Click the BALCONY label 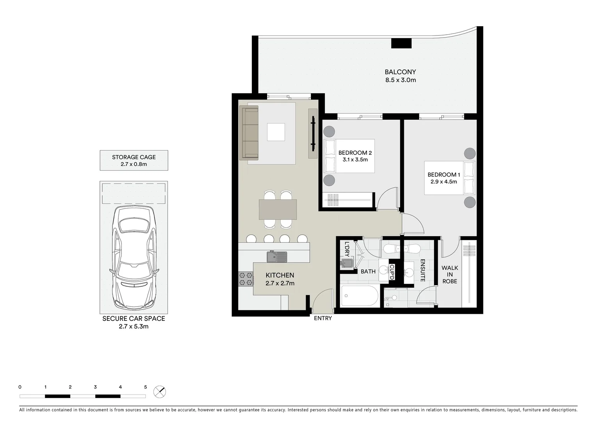(400, 72)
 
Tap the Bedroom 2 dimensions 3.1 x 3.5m (355, 159)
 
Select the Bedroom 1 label (444, 175)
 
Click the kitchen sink (277, 256)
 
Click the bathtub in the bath (360, 296)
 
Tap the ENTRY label (323, 318)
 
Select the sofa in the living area (249, 133)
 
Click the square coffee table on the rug (276, 132)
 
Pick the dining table (278, 209)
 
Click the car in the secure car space (134, 257)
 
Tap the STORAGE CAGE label (134, 157)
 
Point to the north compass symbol (159, 391)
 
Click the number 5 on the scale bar (145, 387)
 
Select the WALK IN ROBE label (449, 274)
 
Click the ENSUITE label (422, 271)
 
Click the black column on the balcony (401, 43)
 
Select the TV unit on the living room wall (313, 133)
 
